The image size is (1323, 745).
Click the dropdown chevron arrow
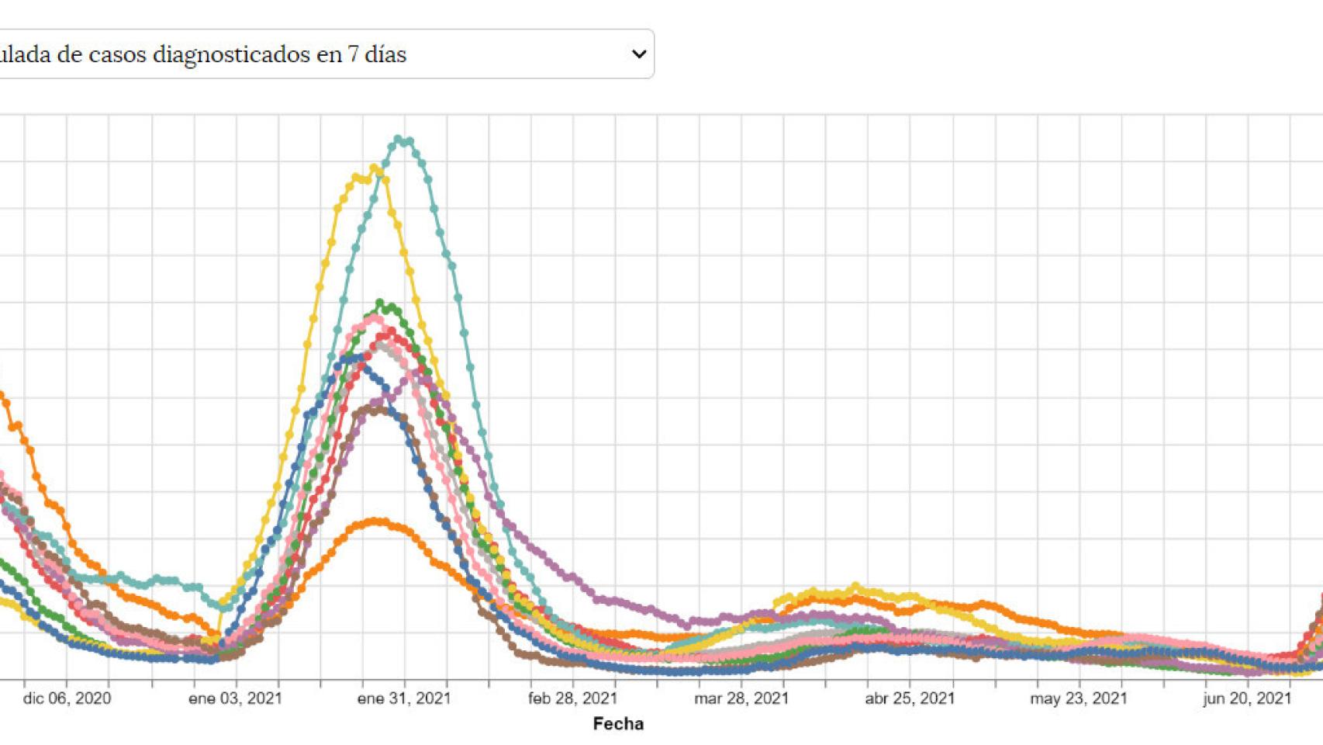tap(638, 54)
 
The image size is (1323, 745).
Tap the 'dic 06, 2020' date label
tap(67, 698)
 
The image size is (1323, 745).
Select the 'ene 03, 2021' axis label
tap(235, 698)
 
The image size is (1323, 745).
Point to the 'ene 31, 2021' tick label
tap(404, 698)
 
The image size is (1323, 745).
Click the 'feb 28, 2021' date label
tap(572, 698)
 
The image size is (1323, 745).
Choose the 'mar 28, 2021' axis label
tap(741, 698)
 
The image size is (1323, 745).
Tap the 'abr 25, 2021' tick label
tap(910, 698)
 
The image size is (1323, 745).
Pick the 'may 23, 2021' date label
tap(1079, 698)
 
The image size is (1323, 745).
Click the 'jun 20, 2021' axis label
tap(1248, 698)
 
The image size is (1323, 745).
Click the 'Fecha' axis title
tap(618, 724)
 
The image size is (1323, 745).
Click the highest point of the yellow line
tap(373, 168)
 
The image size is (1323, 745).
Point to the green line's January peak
tap(380, 303)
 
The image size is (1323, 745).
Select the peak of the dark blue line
tap(358, 358)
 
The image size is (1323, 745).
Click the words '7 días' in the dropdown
tap(377, 54)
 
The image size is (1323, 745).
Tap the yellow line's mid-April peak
tap(855, 587)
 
